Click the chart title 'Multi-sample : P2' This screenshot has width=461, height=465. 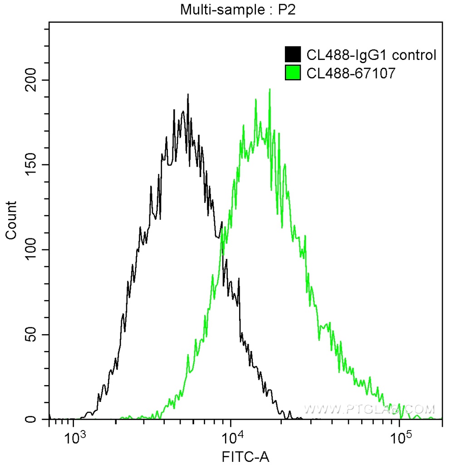pyautogui.click(x=238, y=10)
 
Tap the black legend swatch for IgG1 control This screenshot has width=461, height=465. pyautogui.click(x=293, y=54)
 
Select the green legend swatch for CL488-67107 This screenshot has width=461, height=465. pyautogui.click(x=293, y=72)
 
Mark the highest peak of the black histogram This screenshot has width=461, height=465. pyautogui.click(x=188, y=95)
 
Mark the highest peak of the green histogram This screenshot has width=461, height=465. pyautogui.click(x=270, y=89)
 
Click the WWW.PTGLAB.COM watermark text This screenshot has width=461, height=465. pyautogui.click(x=369, y=409)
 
